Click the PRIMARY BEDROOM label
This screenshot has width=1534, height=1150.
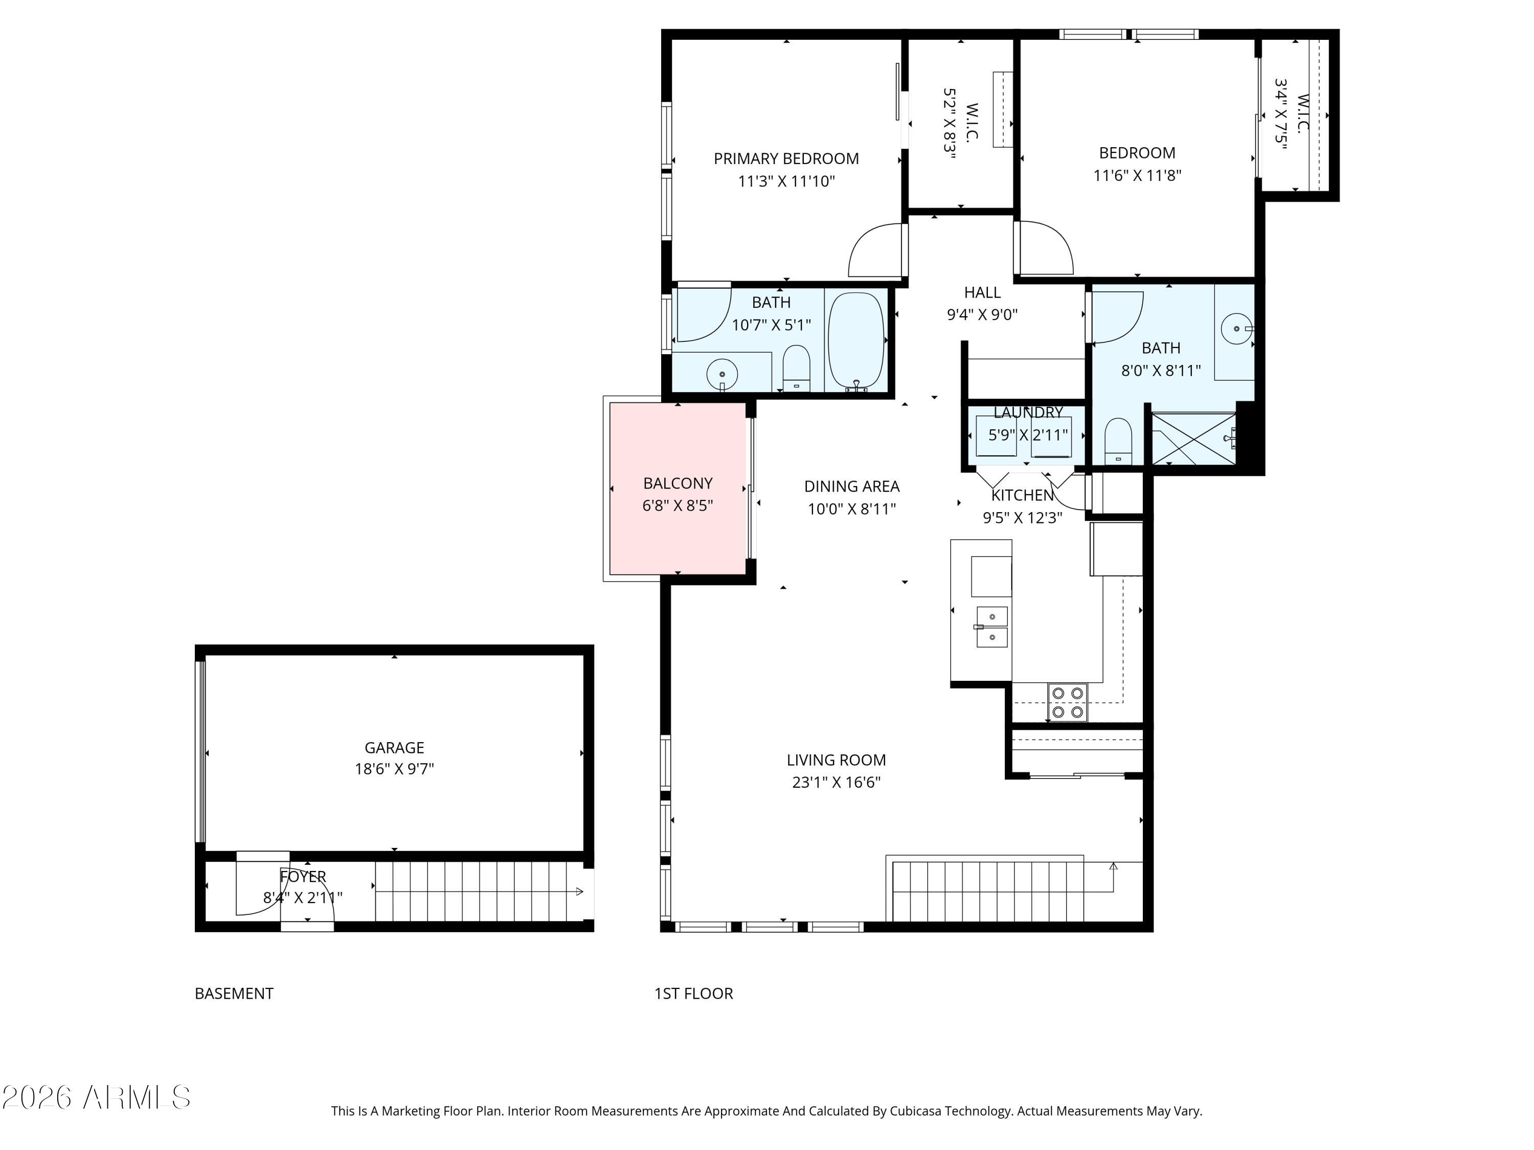click(x=786, y=159)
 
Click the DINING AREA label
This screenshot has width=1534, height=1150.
click(x=851, y=487)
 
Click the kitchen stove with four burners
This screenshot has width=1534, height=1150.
click(x=1067, y=702)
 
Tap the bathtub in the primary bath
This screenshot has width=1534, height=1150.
click(x=856, y=340)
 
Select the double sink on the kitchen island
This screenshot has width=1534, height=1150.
click(x=991, y=627)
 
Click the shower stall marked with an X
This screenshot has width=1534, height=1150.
click(x=1193, y=439)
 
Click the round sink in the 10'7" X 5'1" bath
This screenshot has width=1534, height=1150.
click(x=722, y=374)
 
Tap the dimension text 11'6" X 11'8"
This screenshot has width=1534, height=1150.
click(x=1137, y=175)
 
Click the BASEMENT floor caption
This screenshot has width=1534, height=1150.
click(x=234, y=993)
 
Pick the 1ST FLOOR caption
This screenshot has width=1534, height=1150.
click(x=693, y=993)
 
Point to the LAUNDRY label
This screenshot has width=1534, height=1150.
click(x=1028, y=412)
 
